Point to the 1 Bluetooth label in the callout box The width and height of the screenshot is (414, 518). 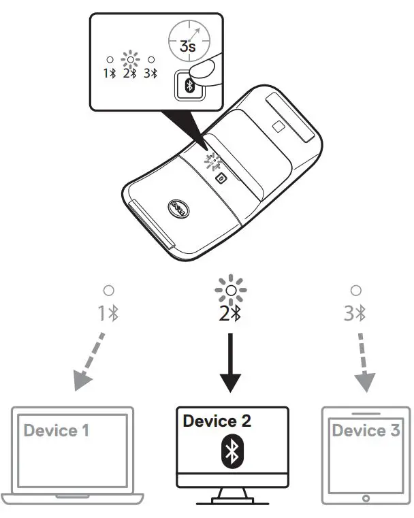(109, 74)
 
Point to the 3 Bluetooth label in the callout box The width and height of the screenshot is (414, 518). (150, 74)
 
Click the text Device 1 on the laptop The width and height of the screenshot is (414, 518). (57, 430)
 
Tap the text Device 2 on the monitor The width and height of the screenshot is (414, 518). (217, 421)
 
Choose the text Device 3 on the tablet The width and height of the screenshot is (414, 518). (366, 430)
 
